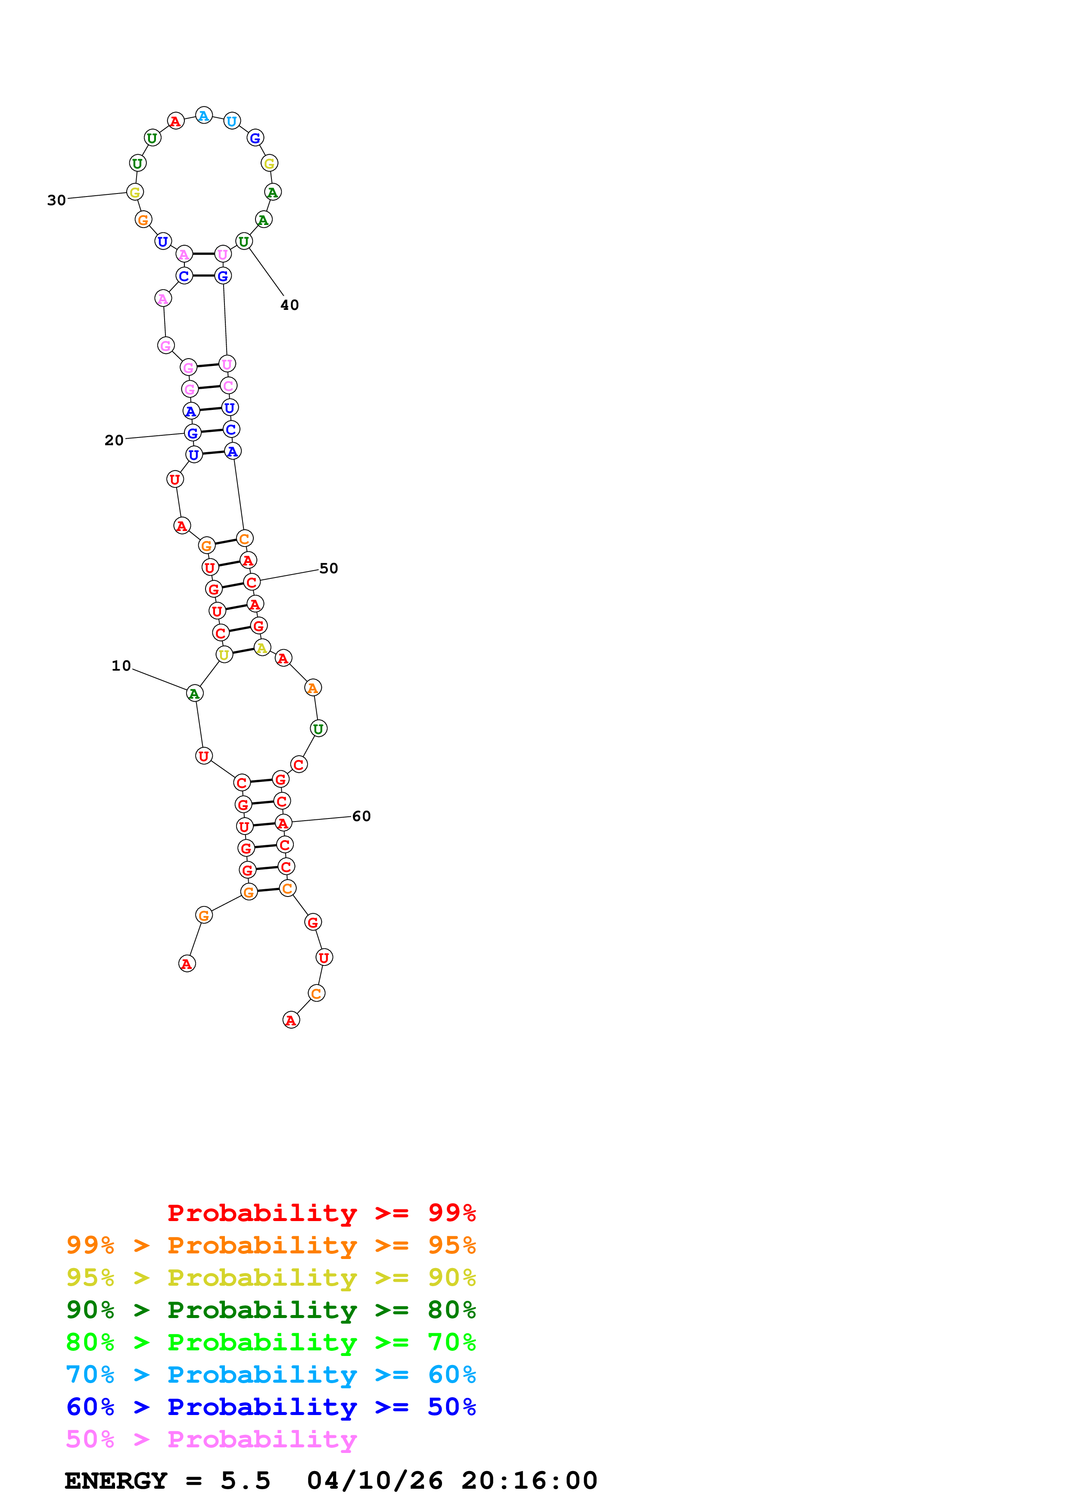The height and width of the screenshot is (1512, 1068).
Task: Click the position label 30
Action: pyautogui.click(x=56, y=200)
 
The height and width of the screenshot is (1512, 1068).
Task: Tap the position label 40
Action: pyautogui.click(x=290, y=305)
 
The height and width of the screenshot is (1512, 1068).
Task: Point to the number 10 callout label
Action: pyautogui.click(x=121, y=666)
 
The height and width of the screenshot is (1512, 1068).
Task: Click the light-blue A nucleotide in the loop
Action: pyautogui.click(x=204, y=116)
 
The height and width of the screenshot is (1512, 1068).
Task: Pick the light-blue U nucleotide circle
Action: pyautogui.click(x=232, y=121)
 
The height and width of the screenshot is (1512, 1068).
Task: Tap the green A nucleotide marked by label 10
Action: pyautogui.click(x=194, y=694)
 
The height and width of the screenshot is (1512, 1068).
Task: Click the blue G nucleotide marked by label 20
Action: pyautogui.click(x=192, y=433)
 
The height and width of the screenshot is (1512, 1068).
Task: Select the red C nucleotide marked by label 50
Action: pyautogui.click(x=251, y=582)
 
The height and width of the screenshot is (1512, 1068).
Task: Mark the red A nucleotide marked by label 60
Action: pyautogui.click(x=283, y=823)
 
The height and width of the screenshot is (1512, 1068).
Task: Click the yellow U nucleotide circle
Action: pyautogui.click(x=224, y=655)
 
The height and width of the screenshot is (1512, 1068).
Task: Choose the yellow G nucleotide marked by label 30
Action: pyautogui.click(x=135, y=192)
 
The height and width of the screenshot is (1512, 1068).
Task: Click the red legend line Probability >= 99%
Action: pyautogui.click(x=321, y=1213)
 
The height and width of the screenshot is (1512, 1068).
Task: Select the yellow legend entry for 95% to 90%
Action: pyautogui.click(x=271, y=1278)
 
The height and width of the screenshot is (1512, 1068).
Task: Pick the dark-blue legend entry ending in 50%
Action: pyautogui.click(x=271, y=1407)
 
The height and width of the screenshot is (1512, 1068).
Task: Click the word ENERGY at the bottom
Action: pyautogui.click(x=116, y=1481)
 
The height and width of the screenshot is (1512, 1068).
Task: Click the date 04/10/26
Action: pyautogui.click(x=374, y=1481)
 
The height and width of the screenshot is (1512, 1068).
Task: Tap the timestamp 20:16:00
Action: pyautogui.click(x=529, y=1481)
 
